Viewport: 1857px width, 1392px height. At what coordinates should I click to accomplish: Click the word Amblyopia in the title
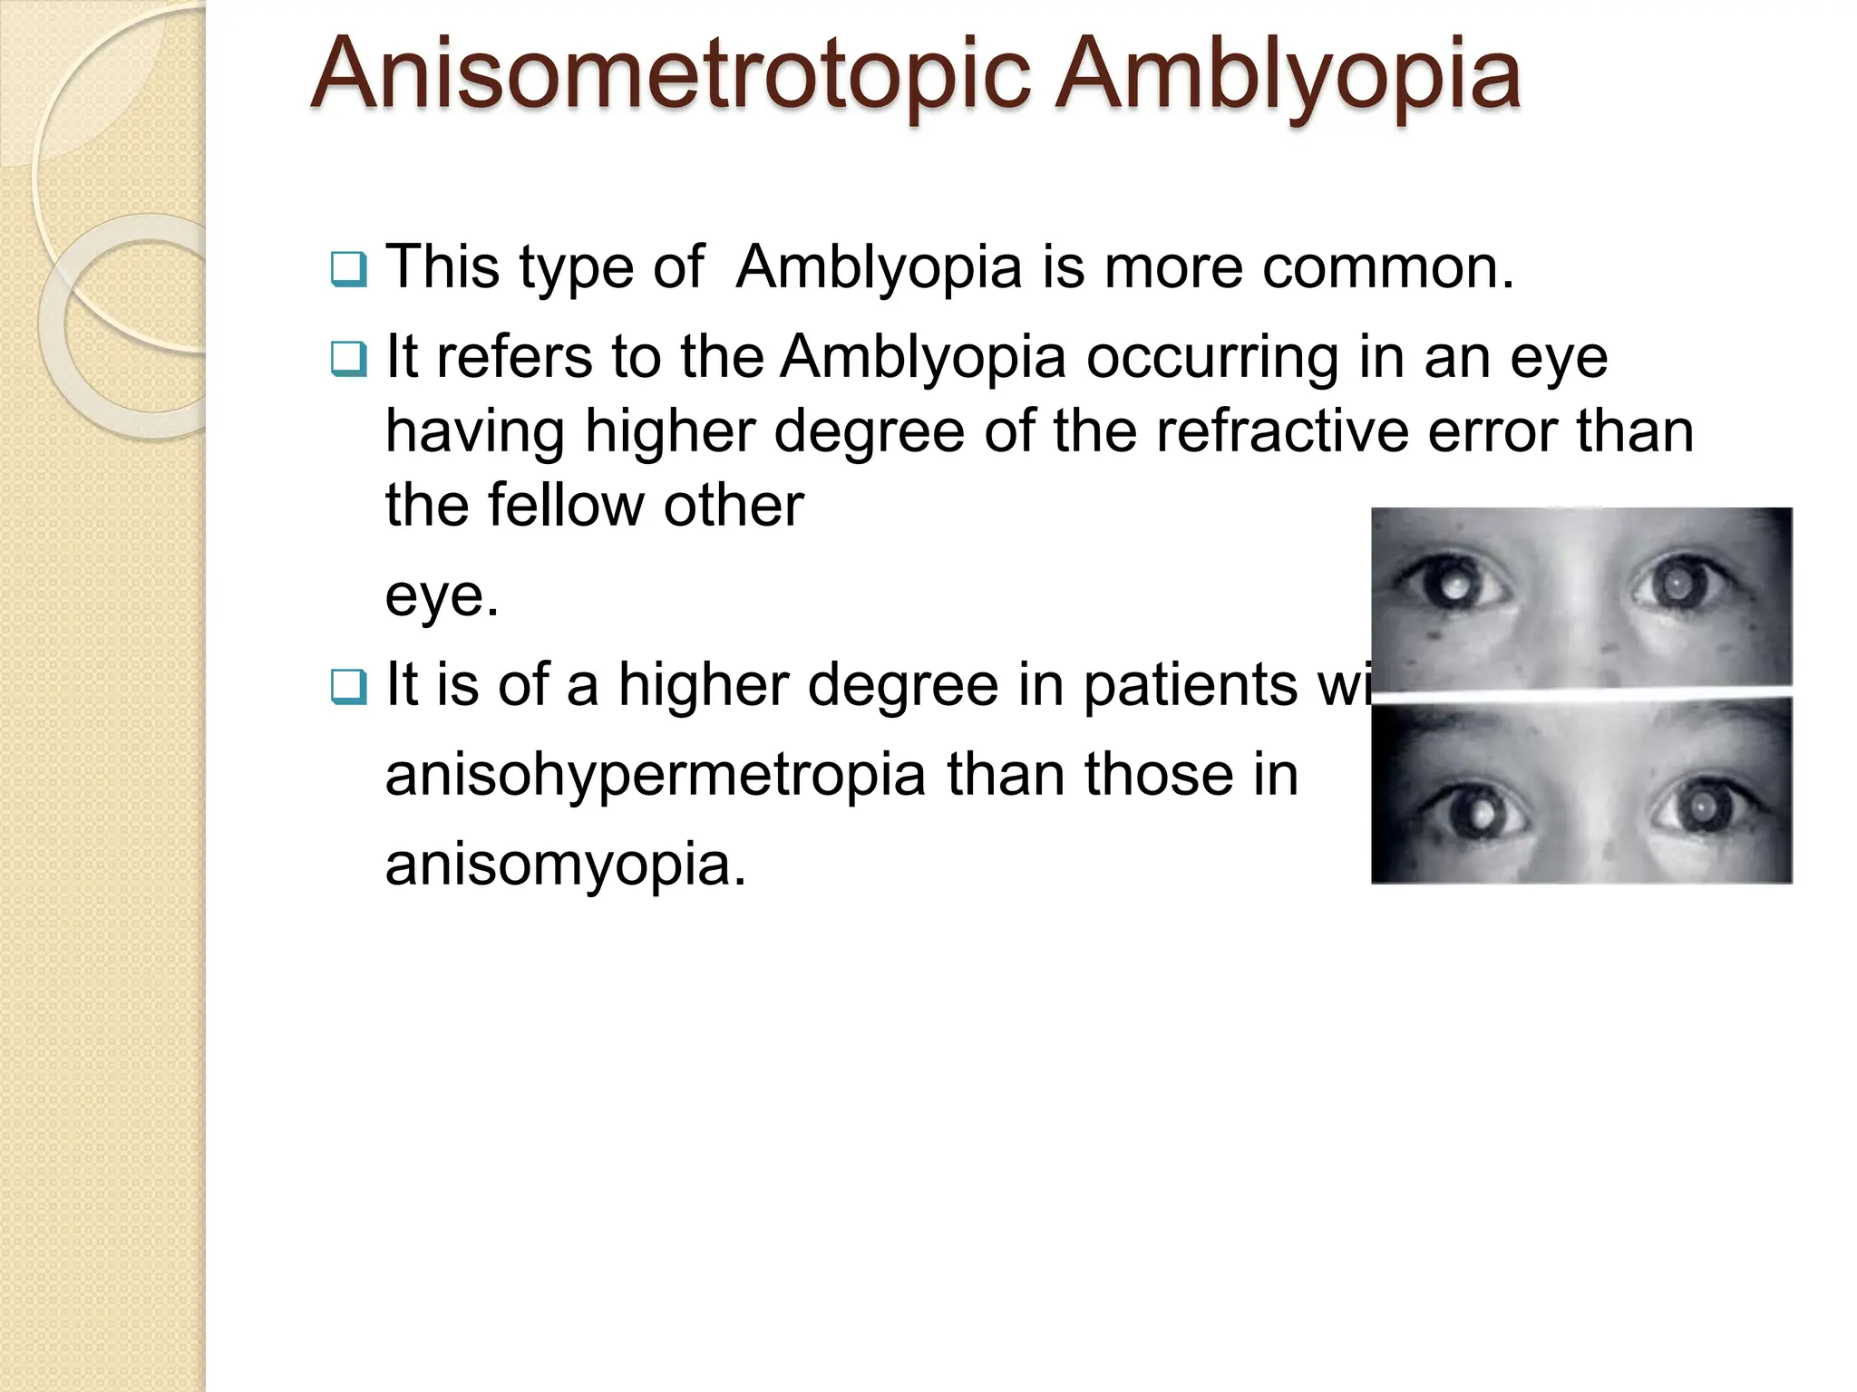1289,74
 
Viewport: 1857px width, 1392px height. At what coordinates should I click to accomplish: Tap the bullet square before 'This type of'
349,269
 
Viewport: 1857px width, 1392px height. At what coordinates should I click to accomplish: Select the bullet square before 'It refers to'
349,359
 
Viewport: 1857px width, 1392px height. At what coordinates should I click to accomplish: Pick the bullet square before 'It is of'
349,686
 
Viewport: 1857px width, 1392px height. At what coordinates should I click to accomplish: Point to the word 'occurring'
1212,357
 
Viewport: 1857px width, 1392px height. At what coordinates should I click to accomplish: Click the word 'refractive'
1282,430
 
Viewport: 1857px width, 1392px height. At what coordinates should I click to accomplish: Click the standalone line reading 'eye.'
442,595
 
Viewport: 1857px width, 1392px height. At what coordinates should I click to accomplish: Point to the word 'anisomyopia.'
566,865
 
